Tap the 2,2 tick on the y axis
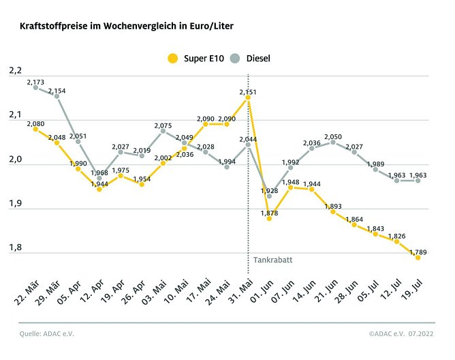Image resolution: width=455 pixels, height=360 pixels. [15, 71]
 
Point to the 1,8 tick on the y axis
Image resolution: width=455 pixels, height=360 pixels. [15, 248]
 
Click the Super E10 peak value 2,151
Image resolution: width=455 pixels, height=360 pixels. [248, 91]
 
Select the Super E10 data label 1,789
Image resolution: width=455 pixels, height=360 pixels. [418, 251]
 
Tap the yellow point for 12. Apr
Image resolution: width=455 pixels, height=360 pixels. [99, 189]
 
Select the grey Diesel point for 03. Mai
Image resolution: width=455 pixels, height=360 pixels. [163, 131]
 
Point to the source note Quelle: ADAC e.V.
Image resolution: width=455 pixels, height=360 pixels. [47, 333]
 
